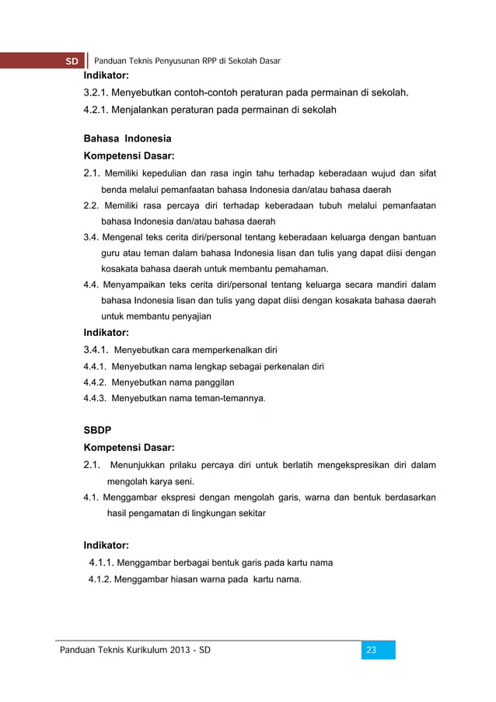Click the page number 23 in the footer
[x=371, y=650]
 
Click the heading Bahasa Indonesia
[x=127, y=139]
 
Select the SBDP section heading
[x=97, y=428]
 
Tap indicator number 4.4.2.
[x=96, y=382]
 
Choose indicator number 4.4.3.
[x=96, y=399]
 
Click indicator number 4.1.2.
[x=100, y=579]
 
